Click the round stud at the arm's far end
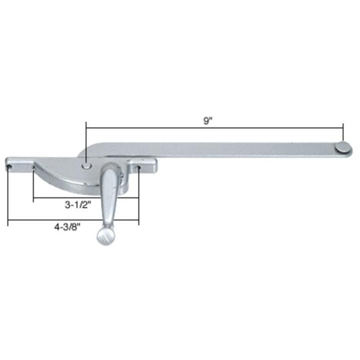coord(341,146)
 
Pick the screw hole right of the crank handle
coord(139,167)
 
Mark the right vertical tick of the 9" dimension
coord(343,133)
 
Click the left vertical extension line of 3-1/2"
coord(33,185)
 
